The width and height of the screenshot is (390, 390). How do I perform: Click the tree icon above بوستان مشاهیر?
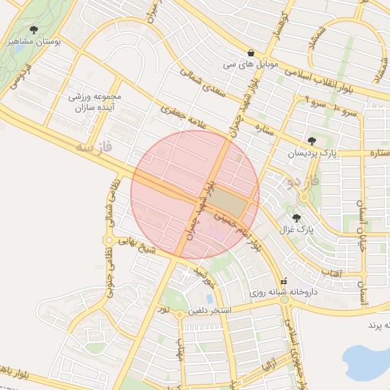[34, 30]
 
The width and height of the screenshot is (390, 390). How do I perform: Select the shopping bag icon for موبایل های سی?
[251, 53]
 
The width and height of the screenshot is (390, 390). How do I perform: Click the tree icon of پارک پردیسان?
[312, 140]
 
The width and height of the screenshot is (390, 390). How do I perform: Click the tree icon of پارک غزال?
[296, 218]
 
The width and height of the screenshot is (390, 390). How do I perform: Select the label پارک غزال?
[304, 229]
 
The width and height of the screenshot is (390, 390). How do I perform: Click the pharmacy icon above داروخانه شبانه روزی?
[285, 280]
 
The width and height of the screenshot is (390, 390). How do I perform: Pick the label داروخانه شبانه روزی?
[285, 292]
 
